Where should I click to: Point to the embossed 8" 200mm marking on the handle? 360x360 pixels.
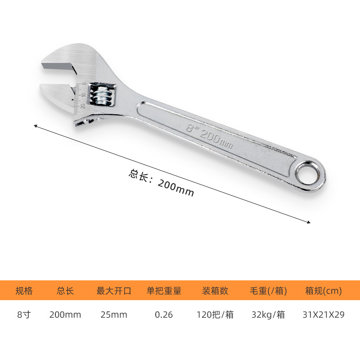[x=209, y=136]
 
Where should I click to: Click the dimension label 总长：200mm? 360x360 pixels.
[x=161, y=183]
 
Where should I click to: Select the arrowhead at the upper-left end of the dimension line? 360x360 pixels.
[x=36, y=126]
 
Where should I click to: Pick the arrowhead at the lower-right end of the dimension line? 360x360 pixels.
[x=309, y=222]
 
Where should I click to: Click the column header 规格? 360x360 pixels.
[x=24, y=291]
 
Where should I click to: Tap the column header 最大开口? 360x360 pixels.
[x=114, y=291]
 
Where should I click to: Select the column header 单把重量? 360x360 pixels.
[x=164, y=291]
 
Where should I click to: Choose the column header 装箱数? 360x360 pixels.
[x=215, y=291]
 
